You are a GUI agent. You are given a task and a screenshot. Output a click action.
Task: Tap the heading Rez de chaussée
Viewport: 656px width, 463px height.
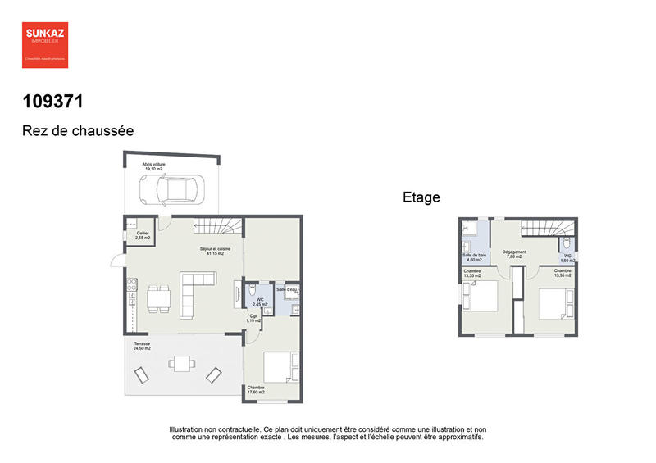pyautogui.click(x=77, y=130)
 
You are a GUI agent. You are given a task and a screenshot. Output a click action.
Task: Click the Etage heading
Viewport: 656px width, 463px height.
pyautogui.click(x=421, y=197)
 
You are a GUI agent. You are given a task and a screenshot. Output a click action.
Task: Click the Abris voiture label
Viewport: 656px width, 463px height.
pyautogui.click(x=153, y=166)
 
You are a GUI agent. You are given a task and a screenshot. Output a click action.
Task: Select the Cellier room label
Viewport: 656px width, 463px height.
pyautogui.click(x=143, y=235)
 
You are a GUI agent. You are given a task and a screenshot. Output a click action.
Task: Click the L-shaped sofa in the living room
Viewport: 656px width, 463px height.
pyautogui.click(x=194, y=290)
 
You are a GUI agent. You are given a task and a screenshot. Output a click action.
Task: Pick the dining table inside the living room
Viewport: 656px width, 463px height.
pyautogui.click(x=160, y=298)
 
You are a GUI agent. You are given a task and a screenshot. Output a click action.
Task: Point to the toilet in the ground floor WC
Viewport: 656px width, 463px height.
pyautogui.click(x=253, y=290)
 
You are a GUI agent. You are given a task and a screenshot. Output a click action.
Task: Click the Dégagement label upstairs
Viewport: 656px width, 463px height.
pyautogui.click(x=514, y=254)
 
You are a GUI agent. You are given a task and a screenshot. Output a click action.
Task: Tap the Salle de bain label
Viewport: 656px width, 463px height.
pyautogui.click(x=475, y=258)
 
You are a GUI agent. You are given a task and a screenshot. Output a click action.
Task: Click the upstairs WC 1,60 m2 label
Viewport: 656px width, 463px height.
pyautogui.click(x=567, y=258)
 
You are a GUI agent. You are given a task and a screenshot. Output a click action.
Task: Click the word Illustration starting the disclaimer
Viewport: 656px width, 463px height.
pyautogui.click(x=188, y=429)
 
